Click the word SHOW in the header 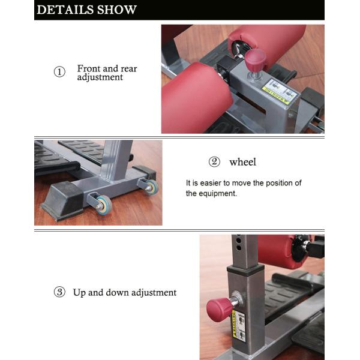pyautogui.click(x=116, y=10)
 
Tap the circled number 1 pyautogui.click(x=59, y=73)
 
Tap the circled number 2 pyautogui.click(x=214, y=162)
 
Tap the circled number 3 pyautogui.click(x=59, y=292)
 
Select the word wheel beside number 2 pyautogui.click(x=242, y=162)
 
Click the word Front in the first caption pyautogui.click(x=88, y=68)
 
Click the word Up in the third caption pyautogui.click(x=79, y=293)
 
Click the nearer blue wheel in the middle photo pyautogui.click(x=104, y=204)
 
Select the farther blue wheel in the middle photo pyautogui.click(x=151, y=187)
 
